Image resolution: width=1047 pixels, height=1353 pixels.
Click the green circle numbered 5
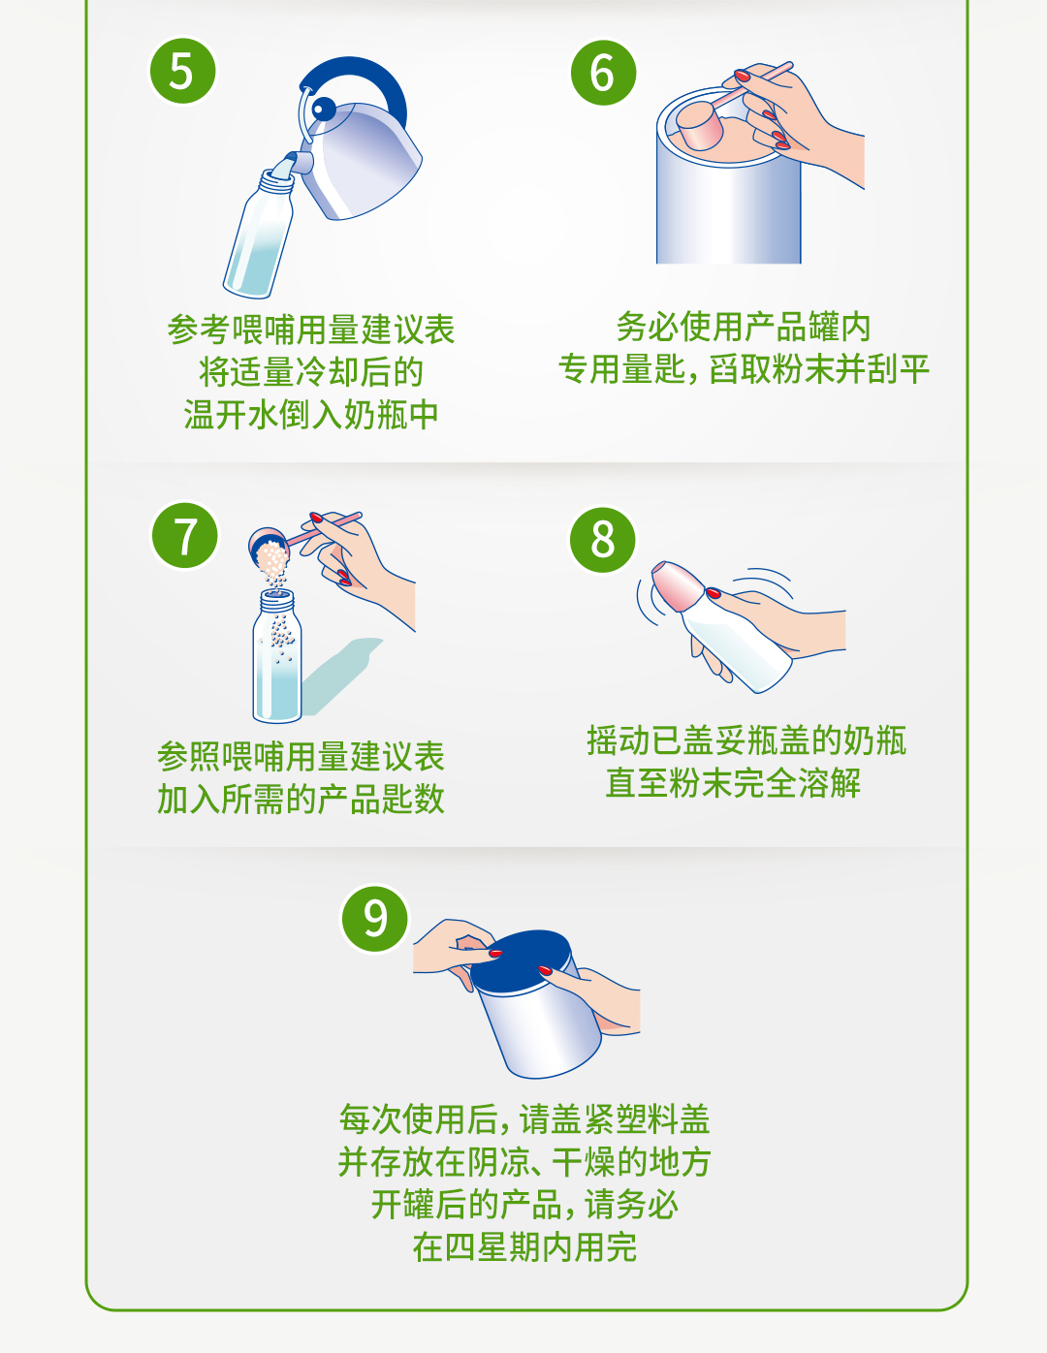[182, 71]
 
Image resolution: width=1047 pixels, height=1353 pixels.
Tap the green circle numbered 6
[603, 73]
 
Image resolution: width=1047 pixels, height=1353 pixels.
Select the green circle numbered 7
[184, 535]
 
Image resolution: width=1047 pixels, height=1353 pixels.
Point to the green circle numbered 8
[603, 539]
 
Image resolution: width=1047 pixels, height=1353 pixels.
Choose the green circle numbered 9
[374, 918]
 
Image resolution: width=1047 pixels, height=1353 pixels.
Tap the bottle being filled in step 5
[259, 237]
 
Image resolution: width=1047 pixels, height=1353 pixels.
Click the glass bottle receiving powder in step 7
[277, 664]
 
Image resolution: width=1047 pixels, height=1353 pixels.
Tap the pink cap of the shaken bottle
[676, 584]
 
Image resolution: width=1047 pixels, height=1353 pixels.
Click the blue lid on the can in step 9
[523, 960]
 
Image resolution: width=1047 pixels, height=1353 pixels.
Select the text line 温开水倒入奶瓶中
[311, 415]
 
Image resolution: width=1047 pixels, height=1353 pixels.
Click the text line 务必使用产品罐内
[744, 327]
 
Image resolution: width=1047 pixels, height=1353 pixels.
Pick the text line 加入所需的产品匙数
[301, 799]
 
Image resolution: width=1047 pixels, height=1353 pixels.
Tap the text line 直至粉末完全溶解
[733, 782]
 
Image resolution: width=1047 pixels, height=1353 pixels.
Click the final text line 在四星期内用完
[524, 1246]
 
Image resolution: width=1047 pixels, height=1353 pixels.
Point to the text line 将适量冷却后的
[311, 372]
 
